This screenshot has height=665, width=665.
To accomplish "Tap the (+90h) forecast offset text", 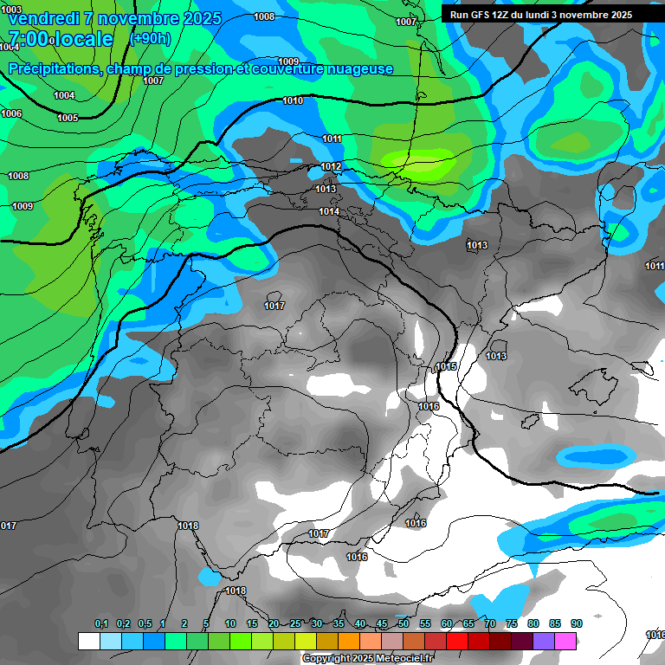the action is click(x=150, y=38).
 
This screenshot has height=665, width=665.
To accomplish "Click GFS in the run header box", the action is click(x=482, y=15).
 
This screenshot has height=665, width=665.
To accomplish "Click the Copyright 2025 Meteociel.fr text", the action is click(x=367, y=659).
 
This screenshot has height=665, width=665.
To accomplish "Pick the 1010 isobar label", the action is click(x=293, y=101).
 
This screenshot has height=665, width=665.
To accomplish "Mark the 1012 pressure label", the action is click(x=331, y=166).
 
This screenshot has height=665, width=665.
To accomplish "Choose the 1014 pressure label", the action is click(x=328, y=211).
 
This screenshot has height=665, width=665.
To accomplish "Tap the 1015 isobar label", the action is click(x=446, y=366).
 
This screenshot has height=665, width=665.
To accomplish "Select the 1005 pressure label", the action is click(x=68, y=118).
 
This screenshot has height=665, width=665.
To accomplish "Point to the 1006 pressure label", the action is click(x=11, y=113).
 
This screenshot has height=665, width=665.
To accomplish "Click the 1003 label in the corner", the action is click(x=11, y=10).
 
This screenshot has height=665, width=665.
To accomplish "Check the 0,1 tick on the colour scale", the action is click(x=100, y=624).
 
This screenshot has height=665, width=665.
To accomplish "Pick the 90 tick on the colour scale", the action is click(x=577, y=624).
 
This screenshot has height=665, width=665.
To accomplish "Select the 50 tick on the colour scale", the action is click(x=404, y=624).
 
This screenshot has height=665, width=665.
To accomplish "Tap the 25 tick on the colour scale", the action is click(x=295, y=624).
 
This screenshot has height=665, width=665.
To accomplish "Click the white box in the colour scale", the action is click(x=88, y=641).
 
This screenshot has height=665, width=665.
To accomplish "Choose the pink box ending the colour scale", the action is click(x=566, y=641).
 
